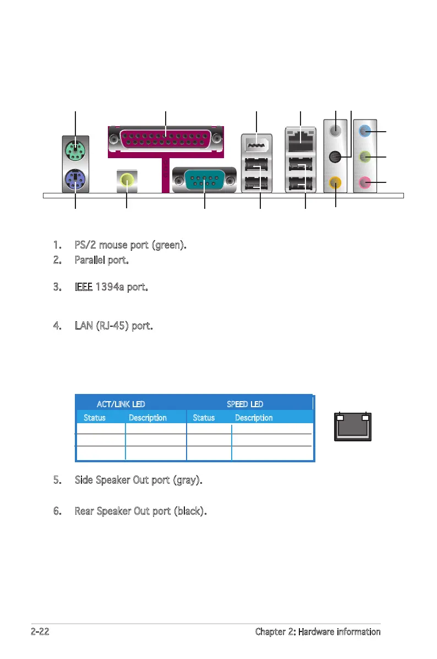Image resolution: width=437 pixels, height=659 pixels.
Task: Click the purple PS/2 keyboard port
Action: tap(75, 179)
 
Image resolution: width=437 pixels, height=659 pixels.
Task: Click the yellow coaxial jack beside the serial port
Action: tap(127, 179)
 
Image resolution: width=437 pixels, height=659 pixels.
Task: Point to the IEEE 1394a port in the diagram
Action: tap(256, 147)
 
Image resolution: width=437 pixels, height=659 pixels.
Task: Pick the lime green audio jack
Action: tap(363, 157)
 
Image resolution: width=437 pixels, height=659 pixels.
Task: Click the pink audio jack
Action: tap(363, 182)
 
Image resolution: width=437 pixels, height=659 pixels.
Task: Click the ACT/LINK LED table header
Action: tap(121, 404)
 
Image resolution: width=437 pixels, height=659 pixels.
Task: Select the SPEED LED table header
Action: tap(245, 404)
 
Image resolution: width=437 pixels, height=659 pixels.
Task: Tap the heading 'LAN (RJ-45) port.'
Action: tap(113, 326)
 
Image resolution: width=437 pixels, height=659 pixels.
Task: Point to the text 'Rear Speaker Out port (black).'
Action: tap(140, 511)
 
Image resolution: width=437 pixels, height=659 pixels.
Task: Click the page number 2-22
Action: tap(40, 632)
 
